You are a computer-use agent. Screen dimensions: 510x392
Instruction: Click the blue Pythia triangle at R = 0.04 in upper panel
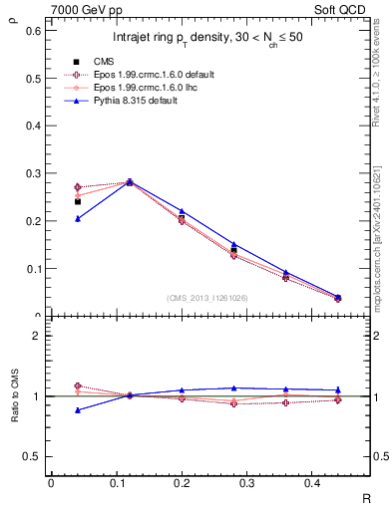(78, 218)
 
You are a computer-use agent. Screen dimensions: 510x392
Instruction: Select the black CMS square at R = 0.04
(78, 201)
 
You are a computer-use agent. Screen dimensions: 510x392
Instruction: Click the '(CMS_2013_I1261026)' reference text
(208, 298)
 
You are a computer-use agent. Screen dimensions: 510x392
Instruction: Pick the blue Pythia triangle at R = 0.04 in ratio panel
(78, 409)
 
